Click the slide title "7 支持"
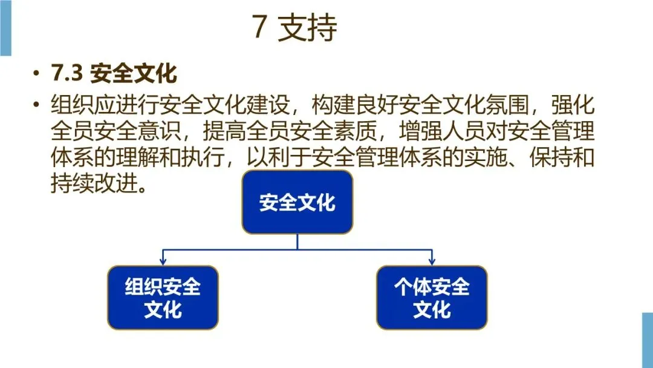click(x=294, y=28)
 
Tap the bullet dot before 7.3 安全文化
click(x=37, y=74)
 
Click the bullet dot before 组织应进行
click(x=37, y=105)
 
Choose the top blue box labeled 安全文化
click(x=297, y=202)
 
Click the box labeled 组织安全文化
click(x=163, y=298)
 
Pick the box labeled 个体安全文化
click(x=432, y=298)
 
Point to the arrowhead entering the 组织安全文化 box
click(x=163, y=261)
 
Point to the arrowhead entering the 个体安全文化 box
click(x=432, y=261)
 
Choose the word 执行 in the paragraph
click(x=208, y=157)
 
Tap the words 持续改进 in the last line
click(x=91, y=183)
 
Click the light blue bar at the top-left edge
click(x=5, y=28)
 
